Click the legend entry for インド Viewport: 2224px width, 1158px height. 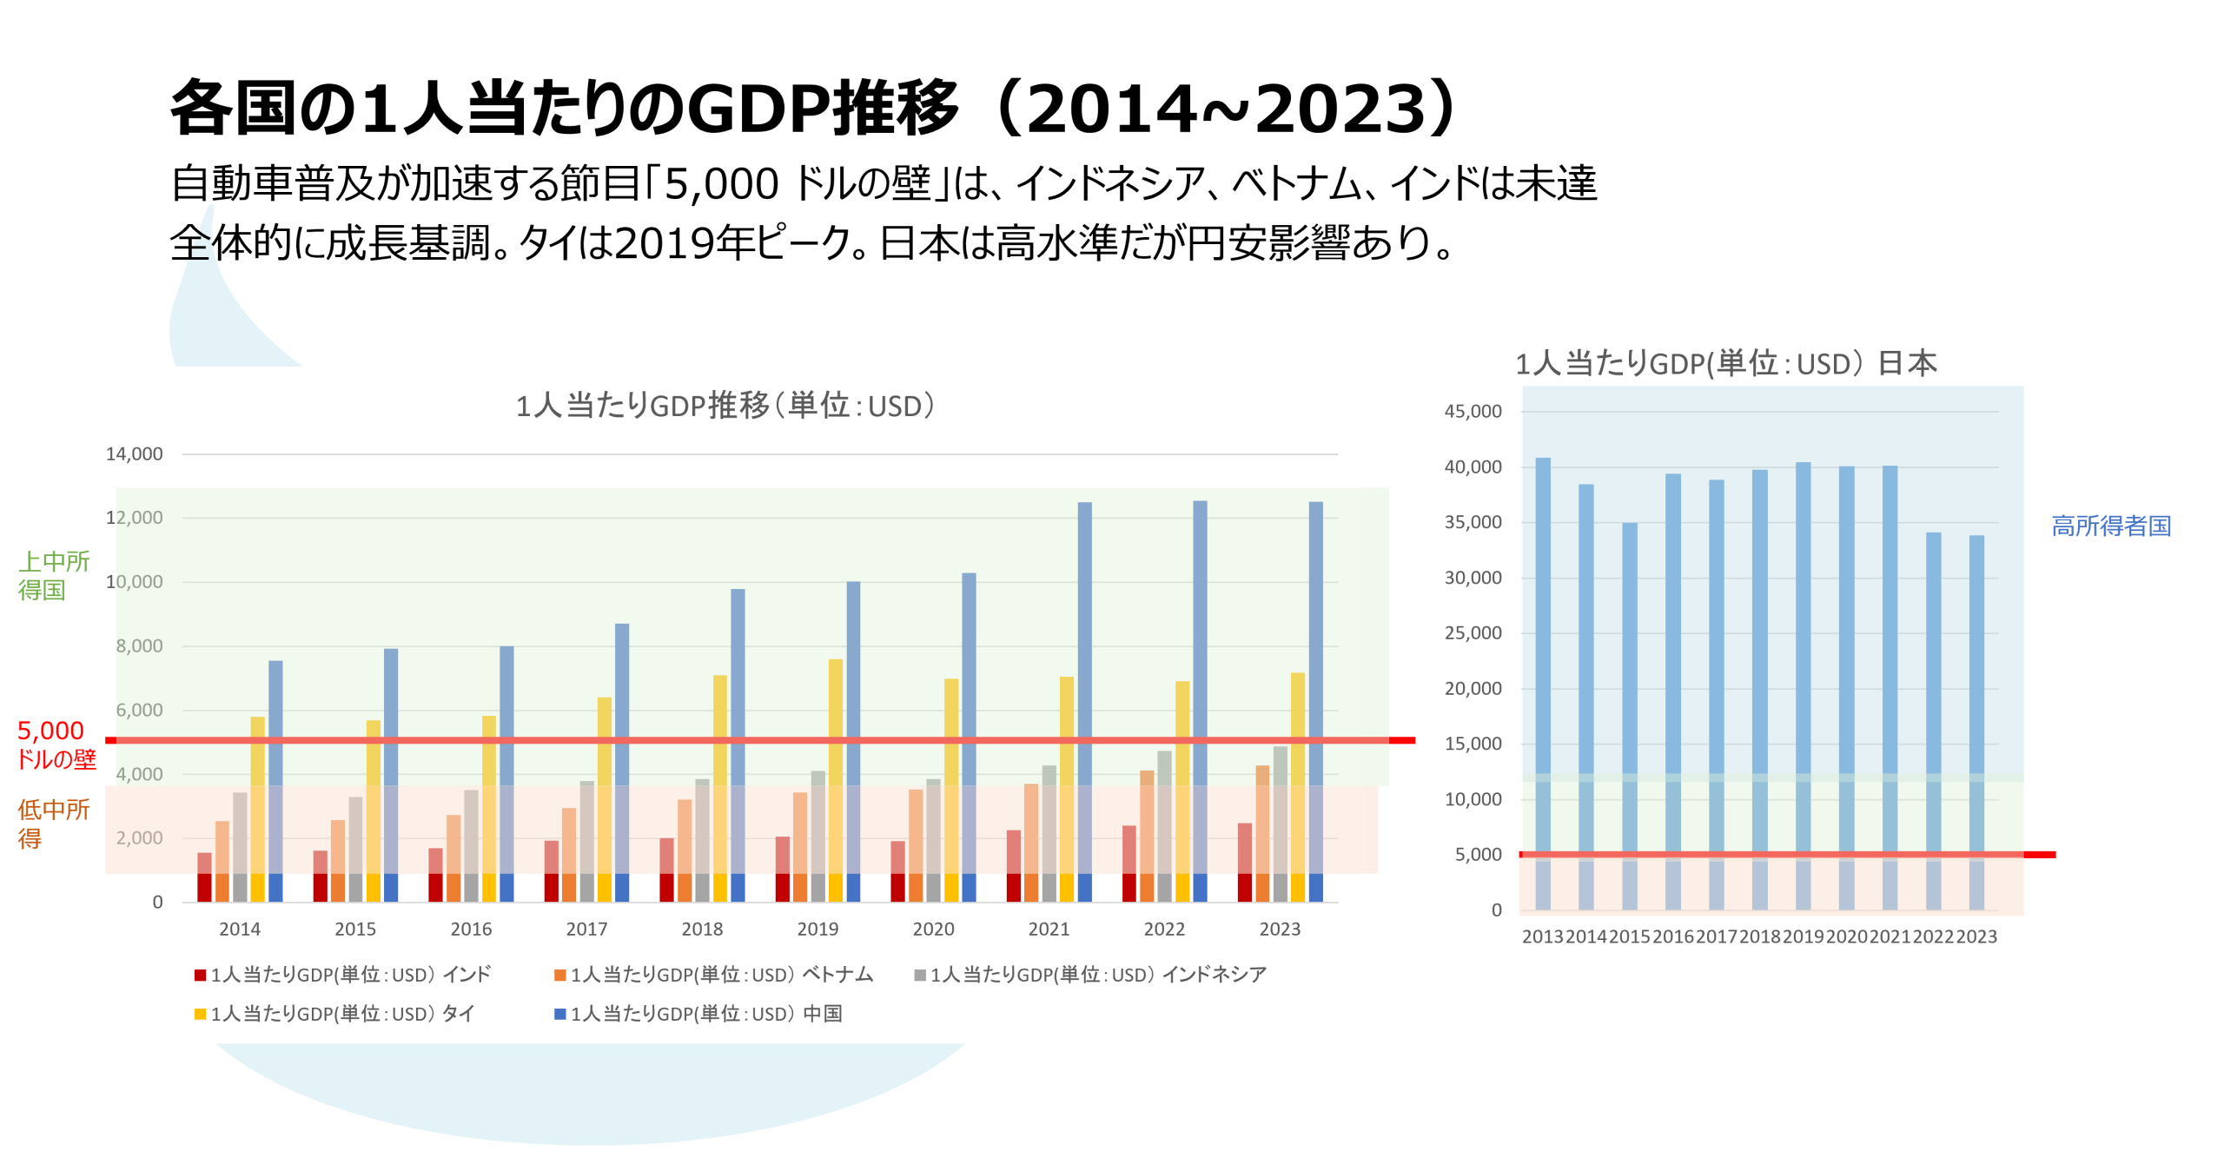coord(342,975)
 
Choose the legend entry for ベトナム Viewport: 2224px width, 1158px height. coord(713,975)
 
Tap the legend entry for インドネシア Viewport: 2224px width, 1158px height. coord(1090,975)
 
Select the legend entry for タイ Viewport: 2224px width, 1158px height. coord(334,1014)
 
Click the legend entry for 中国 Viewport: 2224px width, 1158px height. coord(698,1014)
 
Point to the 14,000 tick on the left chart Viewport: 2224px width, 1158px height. coord(134,454)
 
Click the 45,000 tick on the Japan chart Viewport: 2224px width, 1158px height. coord(1473,412)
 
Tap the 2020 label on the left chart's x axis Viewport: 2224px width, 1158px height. coord(933,930)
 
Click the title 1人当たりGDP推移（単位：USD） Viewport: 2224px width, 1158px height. coord(725,406)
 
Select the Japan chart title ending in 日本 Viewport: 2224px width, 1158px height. coord(1726,363)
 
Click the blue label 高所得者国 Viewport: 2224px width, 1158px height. coord(2111,526)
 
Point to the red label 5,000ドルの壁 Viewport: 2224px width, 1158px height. coord(54,744)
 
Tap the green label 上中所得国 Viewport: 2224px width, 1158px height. coord(52,575)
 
